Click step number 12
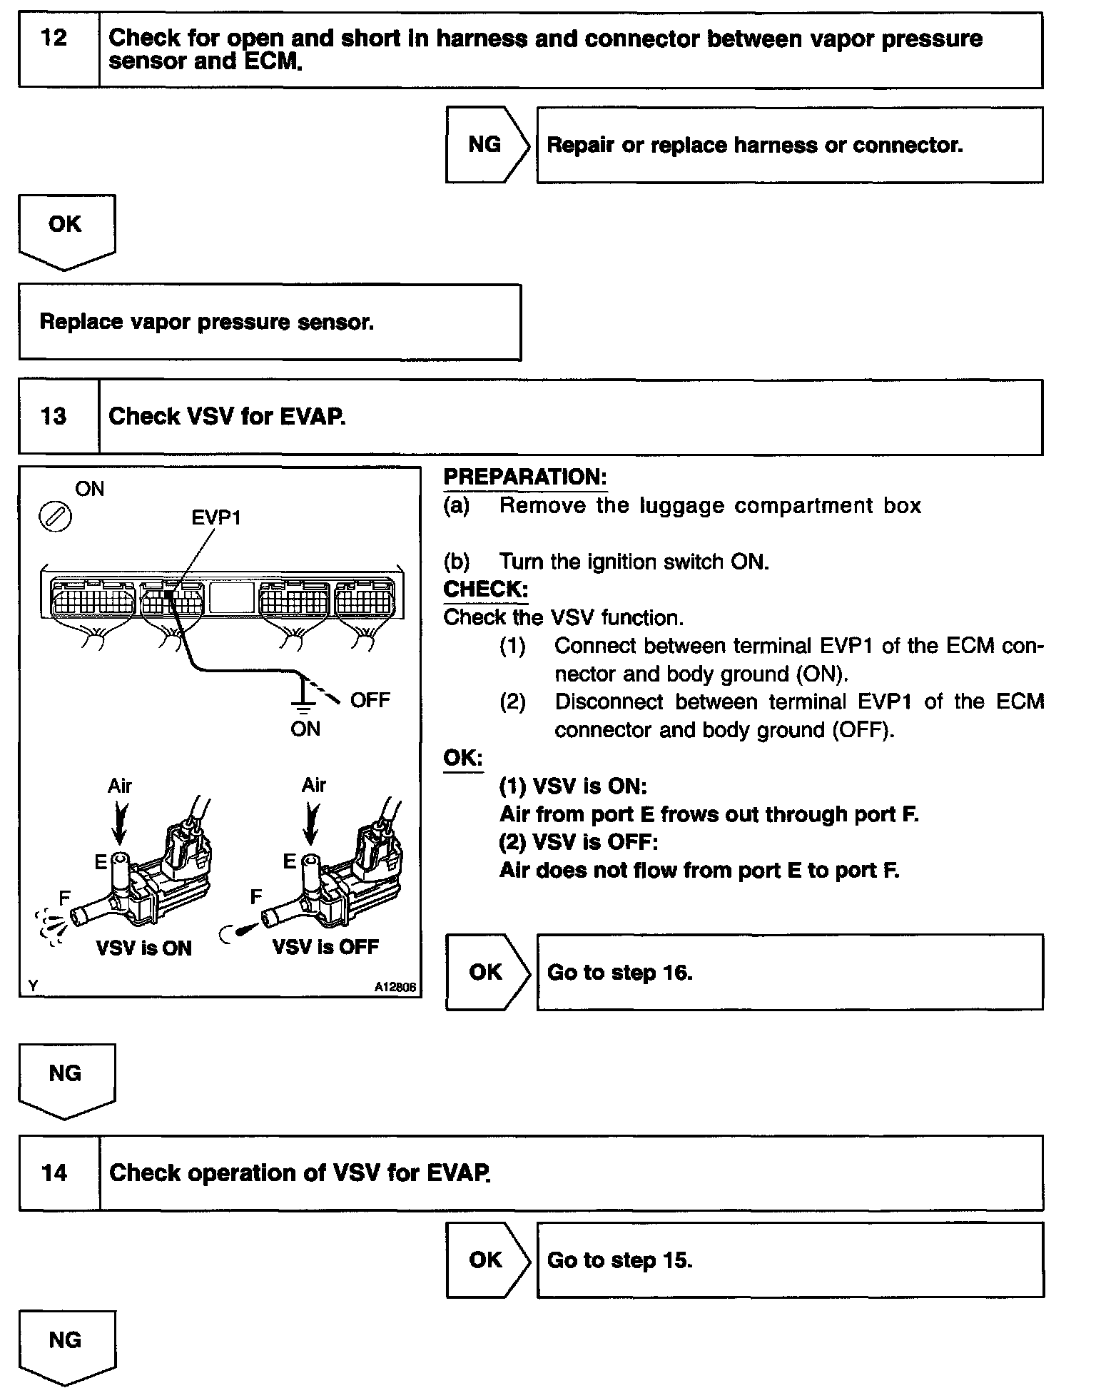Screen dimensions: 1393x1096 (x=54, y=38)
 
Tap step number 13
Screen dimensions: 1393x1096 (x=54, y=416)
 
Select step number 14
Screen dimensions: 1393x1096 (x=54, y=1172)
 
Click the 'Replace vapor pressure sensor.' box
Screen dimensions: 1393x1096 (x=270, y=323)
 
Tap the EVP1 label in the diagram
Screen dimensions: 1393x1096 (x=216, y=517)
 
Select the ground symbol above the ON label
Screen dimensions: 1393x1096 (x=304, y=703)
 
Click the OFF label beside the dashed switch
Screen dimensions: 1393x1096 (x=370, y=700)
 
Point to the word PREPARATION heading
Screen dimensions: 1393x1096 (x=525, y=477)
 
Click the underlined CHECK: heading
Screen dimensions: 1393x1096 (x=486, y=589)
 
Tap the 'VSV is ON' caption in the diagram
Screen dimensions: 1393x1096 (x=144, y=948)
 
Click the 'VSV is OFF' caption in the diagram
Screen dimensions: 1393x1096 (x=326, y=947)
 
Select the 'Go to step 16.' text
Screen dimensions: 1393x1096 (x=619, y=973)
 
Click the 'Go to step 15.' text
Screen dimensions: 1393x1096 (x=619, y=1260)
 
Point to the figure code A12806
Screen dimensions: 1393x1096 (x=395, y=988)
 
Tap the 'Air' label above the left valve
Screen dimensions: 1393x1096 (x=120, y=786)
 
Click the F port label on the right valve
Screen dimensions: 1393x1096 (x=256, y=896)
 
